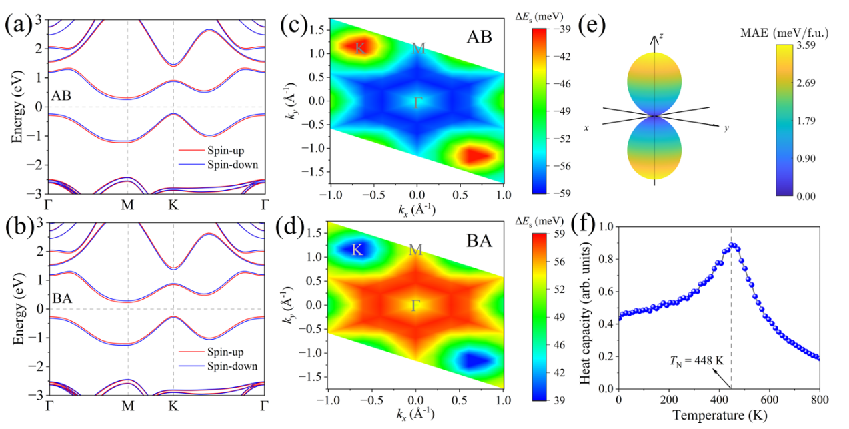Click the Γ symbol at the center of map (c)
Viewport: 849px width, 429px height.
pos(418,103)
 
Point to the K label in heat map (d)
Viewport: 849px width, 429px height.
pos(357,250)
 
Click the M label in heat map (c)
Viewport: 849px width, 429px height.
pos(418,48)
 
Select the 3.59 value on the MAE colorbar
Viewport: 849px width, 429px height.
pos(816,46)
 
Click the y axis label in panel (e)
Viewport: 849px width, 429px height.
pos(726,127)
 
